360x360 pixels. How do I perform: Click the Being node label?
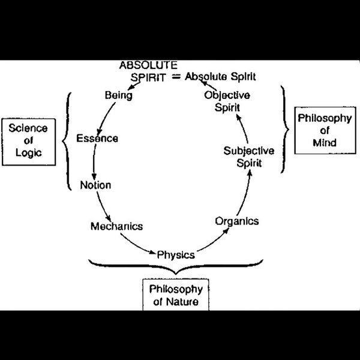118,95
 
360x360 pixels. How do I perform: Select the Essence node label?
97,139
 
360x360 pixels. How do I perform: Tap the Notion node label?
95,185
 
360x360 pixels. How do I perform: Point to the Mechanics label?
116,226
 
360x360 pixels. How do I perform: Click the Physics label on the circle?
176,254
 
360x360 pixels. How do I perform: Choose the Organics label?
237,221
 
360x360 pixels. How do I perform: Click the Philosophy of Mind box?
324,131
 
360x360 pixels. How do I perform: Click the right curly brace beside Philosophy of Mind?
283,129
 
